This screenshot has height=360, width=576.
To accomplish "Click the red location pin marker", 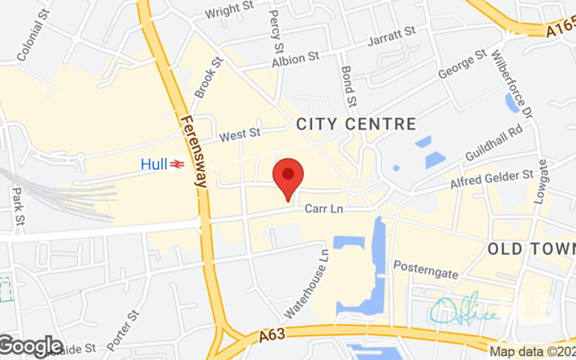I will (x=288, y=176).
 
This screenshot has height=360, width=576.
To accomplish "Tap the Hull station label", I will (x=154, y=164).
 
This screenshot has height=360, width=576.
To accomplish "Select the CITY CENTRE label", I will (x=356, y=125).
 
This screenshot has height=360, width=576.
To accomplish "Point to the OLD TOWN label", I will (x=531, y=249).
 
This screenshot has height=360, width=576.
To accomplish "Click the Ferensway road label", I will (x=193, y=152).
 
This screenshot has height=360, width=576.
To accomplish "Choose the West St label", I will (x=240, y=135).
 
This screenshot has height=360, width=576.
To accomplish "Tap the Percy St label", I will (x=274, y=30).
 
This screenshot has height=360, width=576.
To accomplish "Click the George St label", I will (x=462, y=67).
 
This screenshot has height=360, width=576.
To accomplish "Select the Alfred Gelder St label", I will (x=492, y=180).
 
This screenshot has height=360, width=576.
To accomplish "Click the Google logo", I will (x=31, y=346).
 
